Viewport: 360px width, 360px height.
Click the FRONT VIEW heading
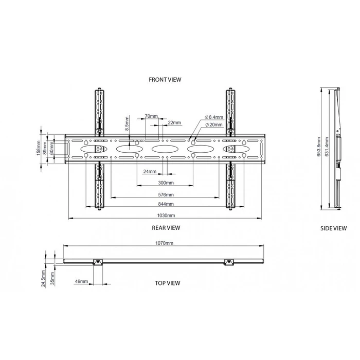[x=165, y=80]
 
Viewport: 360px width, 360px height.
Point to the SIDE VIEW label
[x=333, y=228]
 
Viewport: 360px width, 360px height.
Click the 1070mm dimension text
[x=165, y=242]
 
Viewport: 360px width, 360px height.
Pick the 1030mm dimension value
[x=165, y=215]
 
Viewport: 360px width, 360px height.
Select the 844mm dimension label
[x=166, y=204]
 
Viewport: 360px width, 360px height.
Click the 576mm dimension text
[x=166, y=194]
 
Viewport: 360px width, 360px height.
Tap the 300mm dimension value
[x=166, y=183]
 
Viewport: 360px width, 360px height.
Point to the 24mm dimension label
[x=150, y=171]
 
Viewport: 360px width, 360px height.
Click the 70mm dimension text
[x=151, y=116]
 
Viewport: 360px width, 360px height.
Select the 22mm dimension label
[x=174, y=122]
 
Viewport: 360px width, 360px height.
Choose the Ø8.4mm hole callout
[x=213, y=117]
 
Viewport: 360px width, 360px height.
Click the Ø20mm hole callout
[x=213, y=124]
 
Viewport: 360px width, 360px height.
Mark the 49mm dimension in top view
[x=81, y=282]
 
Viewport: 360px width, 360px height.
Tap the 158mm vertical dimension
[x=38, y=150]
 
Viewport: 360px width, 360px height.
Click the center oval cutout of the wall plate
[x=164, y=149]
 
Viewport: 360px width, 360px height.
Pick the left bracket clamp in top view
[x=97, y=263]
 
